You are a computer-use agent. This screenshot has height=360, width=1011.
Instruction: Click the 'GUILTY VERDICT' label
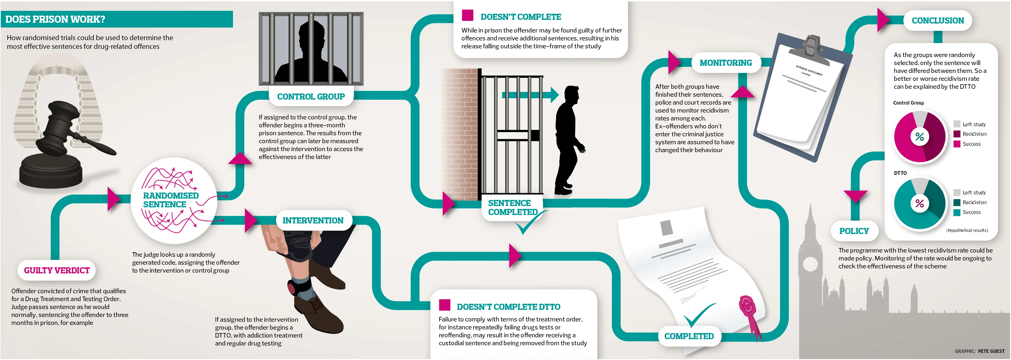57,270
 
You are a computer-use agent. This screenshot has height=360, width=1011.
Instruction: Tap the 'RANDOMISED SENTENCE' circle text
170,200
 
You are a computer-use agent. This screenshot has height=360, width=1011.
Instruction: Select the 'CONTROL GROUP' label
311,97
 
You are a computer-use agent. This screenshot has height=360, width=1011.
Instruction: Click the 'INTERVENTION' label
313,221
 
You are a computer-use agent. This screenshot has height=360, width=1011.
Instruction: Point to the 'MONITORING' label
726,63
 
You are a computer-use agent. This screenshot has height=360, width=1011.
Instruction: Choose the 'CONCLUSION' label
938,20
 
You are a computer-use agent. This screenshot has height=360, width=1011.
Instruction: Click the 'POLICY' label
854,231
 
